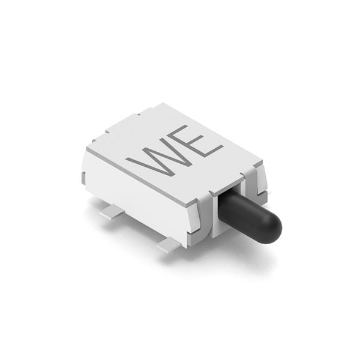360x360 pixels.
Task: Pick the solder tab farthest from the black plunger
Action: click(x=112, y=211)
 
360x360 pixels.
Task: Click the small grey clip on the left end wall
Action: click(x=83, y=178)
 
